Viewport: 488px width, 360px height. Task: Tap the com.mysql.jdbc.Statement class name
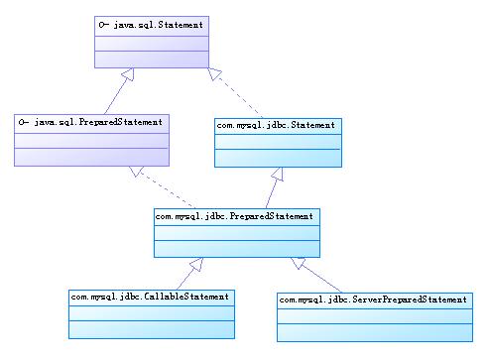[278, 125]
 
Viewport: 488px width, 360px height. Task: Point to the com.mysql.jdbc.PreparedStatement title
[235, 214]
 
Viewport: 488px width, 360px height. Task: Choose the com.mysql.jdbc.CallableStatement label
[150, 296]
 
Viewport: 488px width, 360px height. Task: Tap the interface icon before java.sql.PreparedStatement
[24, 121]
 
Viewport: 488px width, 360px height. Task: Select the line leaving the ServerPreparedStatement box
[327, 277]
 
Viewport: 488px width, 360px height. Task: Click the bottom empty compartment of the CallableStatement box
[150, 328]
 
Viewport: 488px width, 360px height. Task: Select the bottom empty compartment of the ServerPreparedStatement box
[374, 330]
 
